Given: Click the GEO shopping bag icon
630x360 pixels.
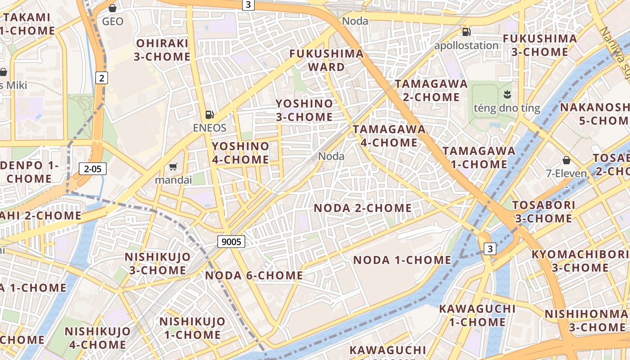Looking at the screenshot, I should [112, 8].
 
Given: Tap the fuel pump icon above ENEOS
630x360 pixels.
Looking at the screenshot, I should [209, 115].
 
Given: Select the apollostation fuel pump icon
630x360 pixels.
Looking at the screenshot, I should [467, 32].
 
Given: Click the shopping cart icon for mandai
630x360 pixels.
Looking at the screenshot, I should [173, 167].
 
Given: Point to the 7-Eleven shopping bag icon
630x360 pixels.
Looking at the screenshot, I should [567, 160].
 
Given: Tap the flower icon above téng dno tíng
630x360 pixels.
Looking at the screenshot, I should [507, 94].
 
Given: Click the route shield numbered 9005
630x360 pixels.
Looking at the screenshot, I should [232, 242].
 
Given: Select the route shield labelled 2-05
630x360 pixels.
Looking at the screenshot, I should [93, 169].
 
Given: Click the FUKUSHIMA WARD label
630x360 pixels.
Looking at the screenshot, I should [326, 60].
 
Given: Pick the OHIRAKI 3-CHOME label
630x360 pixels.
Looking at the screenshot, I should [162, 50].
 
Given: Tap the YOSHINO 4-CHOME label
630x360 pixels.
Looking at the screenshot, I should [240, 153].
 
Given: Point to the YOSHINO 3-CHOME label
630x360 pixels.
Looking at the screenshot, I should [304, 110].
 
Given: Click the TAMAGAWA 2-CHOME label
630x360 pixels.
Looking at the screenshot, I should [431, 90].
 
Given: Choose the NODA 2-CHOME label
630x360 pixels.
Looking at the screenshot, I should [362, 208].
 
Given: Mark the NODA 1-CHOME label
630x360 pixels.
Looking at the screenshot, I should [402, 260].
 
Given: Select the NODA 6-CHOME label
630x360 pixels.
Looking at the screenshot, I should [254, 275].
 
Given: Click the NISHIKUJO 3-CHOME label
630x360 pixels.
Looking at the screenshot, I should [157, 264].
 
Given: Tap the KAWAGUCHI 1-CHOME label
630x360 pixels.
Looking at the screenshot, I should [477, 315].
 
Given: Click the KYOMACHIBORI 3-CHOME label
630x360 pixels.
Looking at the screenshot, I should [576, 261].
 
